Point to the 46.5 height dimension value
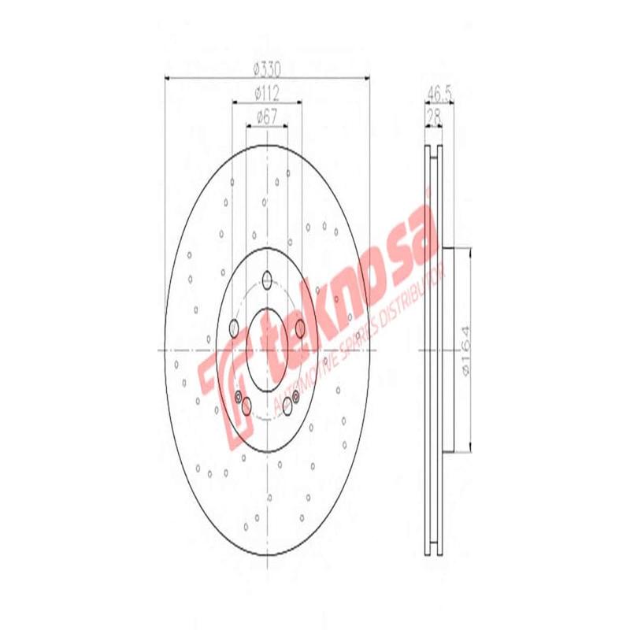point(439,93)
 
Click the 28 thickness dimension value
point(433,115)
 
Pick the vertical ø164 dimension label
point(465,350)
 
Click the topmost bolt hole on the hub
point(267,279)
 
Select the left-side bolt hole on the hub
point(233,328)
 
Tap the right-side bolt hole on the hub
point(301,328)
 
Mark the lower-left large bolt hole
point(246,406)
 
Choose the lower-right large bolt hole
point(287,406)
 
